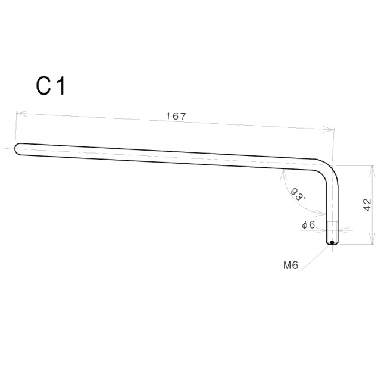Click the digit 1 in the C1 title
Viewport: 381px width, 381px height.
click(x=60, y=87)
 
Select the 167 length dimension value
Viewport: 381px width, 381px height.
click(x=176, y=117)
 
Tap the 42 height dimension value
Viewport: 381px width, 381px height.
click(x=367, y=204)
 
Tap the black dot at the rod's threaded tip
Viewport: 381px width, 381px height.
click(x=332, y=242)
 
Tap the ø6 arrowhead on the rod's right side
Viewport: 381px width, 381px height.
click(x=341, y=229)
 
